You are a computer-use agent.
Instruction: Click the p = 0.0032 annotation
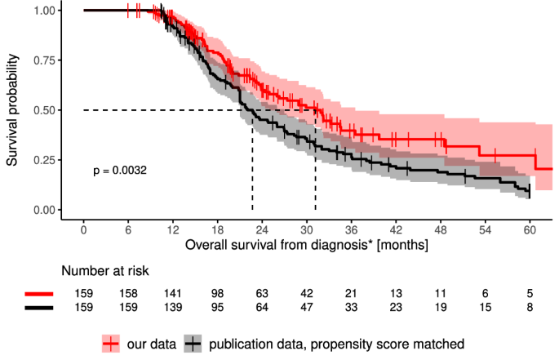(119, 171)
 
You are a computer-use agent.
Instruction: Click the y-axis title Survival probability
(14, 110)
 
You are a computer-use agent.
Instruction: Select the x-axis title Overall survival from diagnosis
(302, 243)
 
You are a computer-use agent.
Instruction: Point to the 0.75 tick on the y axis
(47, 60)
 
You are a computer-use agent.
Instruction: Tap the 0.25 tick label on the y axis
(47, 160)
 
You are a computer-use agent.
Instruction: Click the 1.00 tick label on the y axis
(47, 11)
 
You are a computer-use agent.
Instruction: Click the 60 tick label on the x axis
(530, 229)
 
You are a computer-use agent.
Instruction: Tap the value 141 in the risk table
(173, 293)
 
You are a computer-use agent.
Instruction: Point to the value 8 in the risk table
(530, 308)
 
